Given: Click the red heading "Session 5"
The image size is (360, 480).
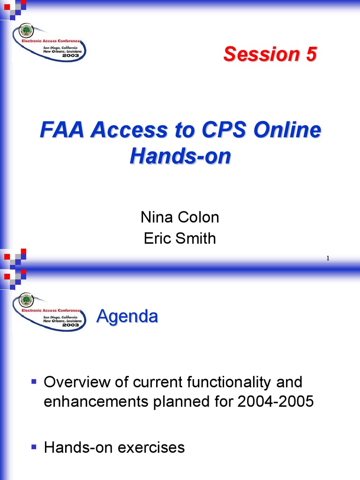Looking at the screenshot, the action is (x=270, y=54).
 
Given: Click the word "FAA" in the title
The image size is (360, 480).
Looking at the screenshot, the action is (x=62, y=129).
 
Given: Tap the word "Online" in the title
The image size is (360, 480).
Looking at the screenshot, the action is (x=287, y=129).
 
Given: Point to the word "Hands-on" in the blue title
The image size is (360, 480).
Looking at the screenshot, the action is (x=180, y=156).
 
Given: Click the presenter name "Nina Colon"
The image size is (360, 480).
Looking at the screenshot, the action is (x=180, y=217).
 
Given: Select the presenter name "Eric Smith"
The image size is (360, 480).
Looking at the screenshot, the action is (x=180, y=238).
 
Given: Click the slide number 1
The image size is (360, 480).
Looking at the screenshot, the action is (x=328, y=258).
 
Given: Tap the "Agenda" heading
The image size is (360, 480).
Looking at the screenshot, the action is (x=127, y=316).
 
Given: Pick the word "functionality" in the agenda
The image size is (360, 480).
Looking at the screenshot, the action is (x=229, y=382).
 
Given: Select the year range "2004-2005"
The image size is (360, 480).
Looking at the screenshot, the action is (x=276, y=401).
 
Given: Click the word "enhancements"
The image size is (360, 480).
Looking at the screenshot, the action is (x=96, y=401).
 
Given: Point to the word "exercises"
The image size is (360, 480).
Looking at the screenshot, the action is (x=151, y=447).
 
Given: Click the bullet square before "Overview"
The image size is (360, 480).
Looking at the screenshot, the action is (x=34, y=382).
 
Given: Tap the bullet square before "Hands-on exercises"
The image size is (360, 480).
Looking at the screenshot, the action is (x=34, y=447).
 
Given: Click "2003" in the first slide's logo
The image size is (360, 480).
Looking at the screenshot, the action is (x=70, y=55).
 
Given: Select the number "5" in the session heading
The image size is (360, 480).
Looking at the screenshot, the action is (x=311, y=54).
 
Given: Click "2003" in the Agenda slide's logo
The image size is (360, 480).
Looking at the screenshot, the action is (x=70, y=325).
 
